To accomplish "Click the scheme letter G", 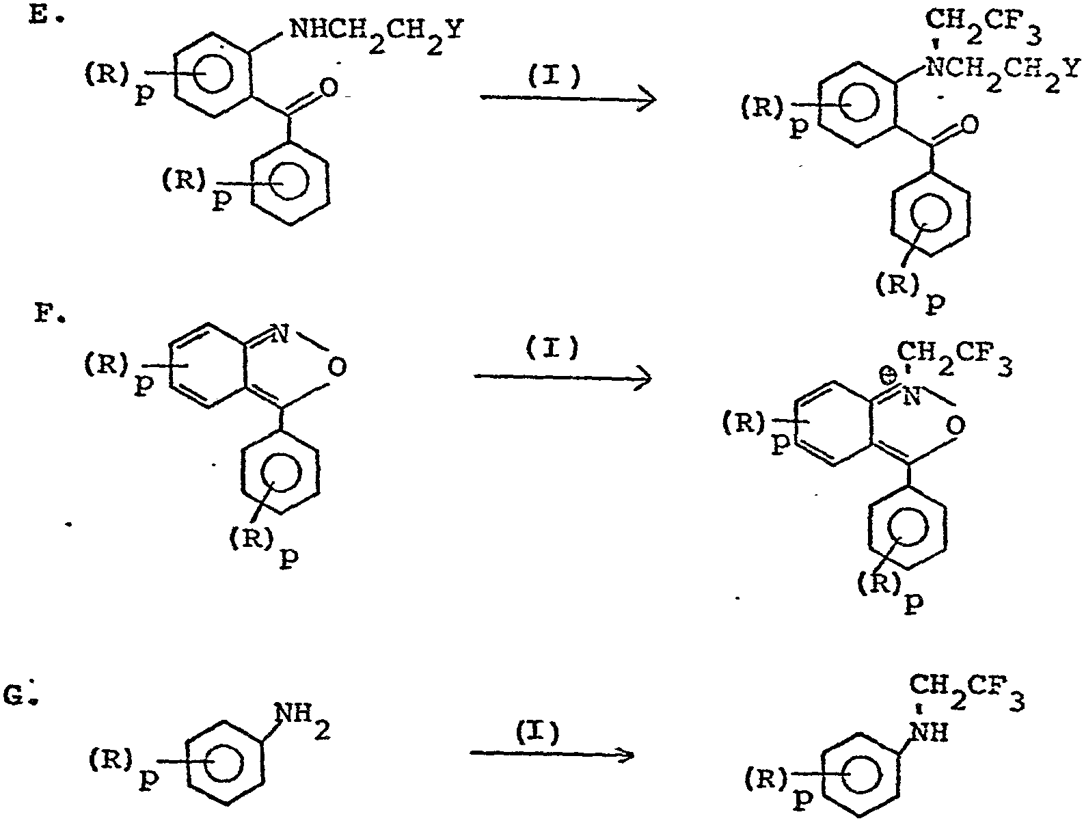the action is coord(15,697).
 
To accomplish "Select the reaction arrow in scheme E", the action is coord(568,98).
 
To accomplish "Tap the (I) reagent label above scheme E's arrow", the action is coord(554,77).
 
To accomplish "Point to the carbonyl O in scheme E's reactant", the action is coord(329,87).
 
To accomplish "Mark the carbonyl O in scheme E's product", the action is coord(969,124).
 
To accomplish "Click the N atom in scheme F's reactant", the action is coord(280,334).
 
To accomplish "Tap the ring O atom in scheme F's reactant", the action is coord(337,367).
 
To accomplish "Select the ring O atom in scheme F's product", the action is coord(957,425).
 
